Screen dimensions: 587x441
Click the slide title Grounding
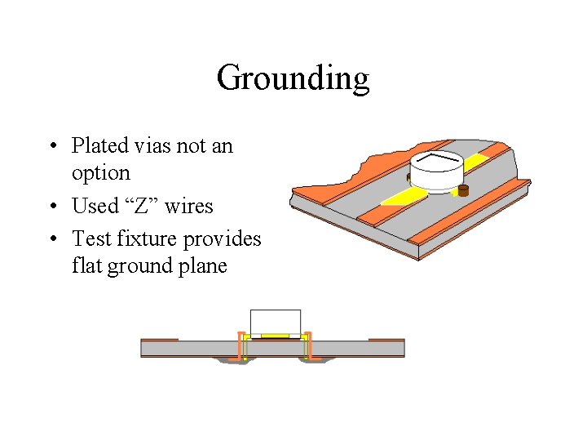pos(293,79)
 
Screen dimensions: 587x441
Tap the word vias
pos(154,146)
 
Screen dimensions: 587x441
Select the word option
pos(100,174)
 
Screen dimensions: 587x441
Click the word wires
pos(188,206)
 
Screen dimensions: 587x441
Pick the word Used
pos(95,206)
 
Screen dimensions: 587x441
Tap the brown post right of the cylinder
pos(464,191)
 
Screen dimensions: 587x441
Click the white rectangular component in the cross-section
pos(275,322)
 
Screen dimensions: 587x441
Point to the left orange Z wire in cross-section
pos(241,346)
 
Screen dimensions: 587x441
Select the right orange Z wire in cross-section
pos(308,346)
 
